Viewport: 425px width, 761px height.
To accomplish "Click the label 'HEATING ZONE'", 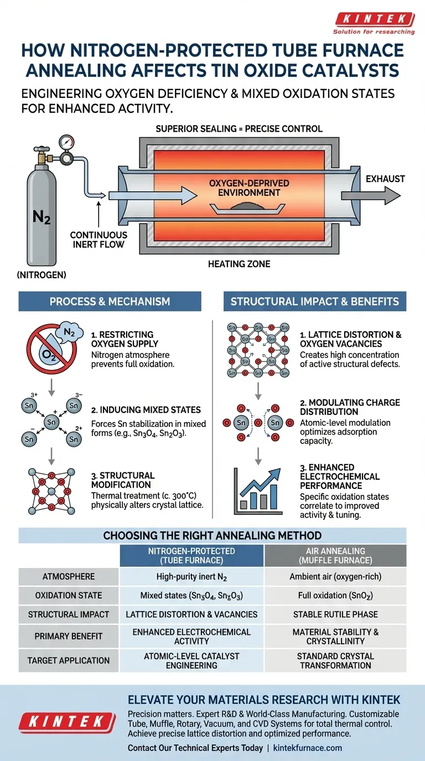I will (x=239, y=264).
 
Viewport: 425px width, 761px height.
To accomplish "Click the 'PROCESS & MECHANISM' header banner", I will (x=110, y=302).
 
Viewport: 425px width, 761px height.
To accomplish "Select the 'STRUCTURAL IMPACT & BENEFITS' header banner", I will (x=314, y=302).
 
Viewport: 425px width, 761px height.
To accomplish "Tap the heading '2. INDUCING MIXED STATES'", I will (x=146, y=410).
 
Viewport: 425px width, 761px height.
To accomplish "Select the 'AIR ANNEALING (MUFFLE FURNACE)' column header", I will (x=335, y=556).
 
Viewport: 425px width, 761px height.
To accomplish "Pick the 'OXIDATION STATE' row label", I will (x=69, y=595).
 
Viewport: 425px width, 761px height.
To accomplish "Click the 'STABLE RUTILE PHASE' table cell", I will (x=335, y=614).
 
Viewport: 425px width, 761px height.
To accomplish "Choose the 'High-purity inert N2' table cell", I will (x=191, y=576).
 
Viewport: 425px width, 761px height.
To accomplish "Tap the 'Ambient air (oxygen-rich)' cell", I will (x=335, y=576).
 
